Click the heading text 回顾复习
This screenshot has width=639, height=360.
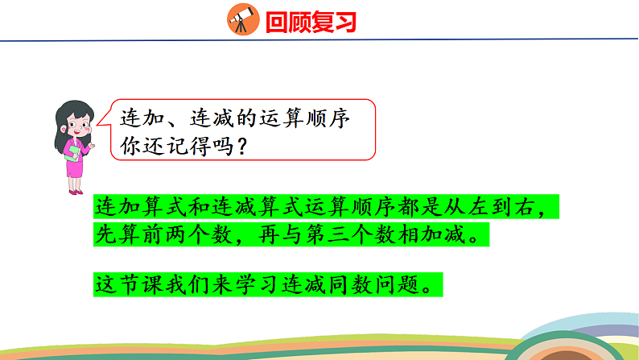[x=310, y=21]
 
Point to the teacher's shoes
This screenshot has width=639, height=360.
[x=75, y=191]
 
